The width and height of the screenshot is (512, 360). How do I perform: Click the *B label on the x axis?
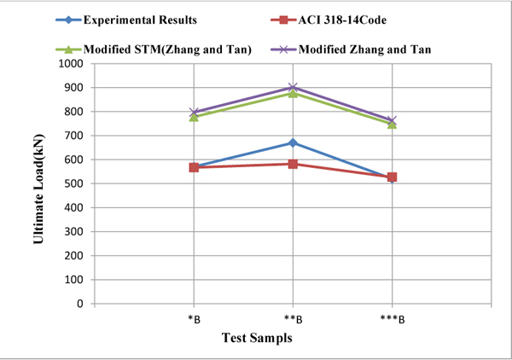click(194, 320)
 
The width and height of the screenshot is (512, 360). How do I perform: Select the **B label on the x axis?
click(293, 320)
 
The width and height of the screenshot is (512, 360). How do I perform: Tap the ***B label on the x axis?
click(392, 320)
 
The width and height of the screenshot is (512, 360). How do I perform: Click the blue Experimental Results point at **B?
click(293, 142)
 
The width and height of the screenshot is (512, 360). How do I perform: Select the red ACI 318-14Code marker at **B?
click(293, 164)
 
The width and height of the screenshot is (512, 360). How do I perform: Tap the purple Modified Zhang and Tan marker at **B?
click(293, 87)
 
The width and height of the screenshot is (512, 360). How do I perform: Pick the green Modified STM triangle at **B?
click(293, 93)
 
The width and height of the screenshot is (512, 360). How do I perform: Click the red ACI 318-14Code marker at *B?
click(194, 167)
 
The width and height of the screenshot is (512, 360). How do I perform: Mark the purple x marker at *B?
click(194, 113)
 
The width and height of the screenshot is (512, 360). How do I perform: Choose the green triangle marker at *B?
click(194, 117)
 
